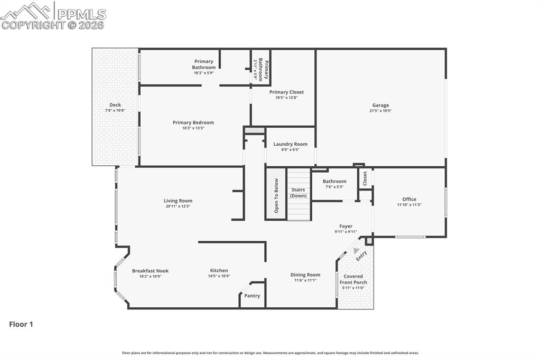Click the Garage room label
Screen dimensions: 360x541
(380, 105)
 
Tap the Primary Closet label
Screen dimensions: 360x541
(286, 92)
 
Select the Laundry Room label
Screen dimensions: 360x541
(290, 144)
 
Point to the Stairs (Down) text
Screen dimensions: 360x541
(298, 193)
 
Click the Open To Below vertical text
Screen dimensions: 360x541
(276, 195)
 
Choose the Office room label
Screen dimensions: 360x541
(409, 199)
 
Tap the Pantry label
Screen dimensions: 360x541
(252, 296)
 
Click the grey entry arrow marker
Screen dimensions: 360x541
(356, 251)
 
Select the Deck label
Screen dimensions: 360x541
(115, 105)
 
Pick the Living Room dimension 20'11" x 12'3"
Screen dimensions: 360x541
(178, 206)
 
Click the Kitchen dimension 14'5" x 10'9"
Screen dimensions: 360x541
(219, 276)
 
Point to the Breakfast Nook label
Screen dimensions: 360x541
(150, 271)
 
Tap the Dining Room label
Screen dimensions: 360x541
(305, 274)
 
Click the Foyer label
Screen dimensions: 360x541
(346, 226)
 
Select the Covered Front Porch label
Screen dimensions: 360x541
(353, 279)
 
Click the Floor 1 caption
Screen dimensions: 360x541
(21, 325)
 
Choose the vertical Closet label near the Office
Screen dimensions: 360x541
(365, 178)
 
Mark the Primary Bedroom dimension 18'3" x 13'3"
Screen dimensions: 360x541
(193, 128)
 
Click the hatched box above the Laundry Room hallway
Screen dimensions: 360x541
(254, 130)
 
